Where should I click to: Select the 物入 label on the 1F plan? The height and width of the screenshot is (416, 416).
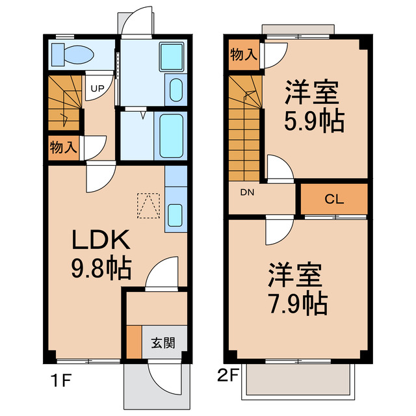pyautogui.click(x=63, y=147)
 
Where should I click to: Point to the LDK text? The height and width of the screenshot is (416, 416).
pyautogui.click(x=102, y=242)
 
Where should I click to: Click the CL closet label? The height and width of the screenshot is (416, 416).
pyautogui.click(x=334, y=200)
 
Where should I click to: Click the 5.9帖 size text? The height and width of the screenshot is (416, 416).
pyautogui.click(x=313, y=121)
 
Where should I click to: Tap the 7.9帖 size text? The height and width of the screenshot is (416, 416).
pyautogui.click(x=296, y=302)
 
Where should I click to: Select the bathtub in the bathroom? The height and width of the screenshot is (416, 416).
pyautogui.click(x=171, y=135)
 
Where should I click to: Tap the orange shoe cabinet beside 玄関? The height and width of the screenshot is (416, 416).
pyautogui.click(x=133, y=342)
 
